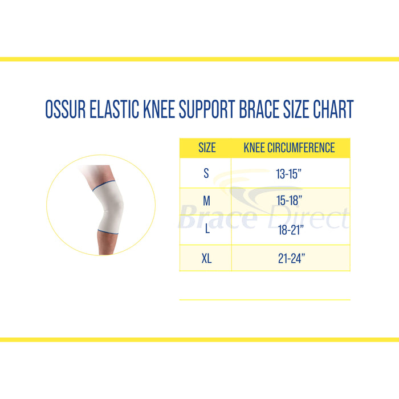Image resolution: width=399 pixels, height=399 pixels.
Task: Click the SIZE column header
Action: pos(206,148)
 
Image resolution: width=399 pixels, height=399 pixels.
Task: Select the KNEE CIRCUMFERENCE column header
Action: pos(289,148)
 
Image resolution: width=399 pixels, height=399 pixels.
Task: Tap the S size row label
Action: pos(206,174)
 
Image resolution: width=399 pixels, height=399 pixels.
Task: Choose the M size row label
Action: pos(206,202)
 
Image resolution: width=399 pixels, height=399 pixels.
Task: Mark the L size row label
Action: pos(206,230)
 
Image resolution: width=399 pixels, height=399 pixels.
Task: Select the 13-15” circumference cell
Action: pos(289,174)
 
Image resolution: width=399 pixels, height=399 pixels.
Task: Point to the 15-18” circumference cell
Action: pos(289,202)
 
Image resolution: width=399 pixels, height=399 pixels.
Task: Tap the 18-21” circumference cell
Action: pos(289,230)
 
